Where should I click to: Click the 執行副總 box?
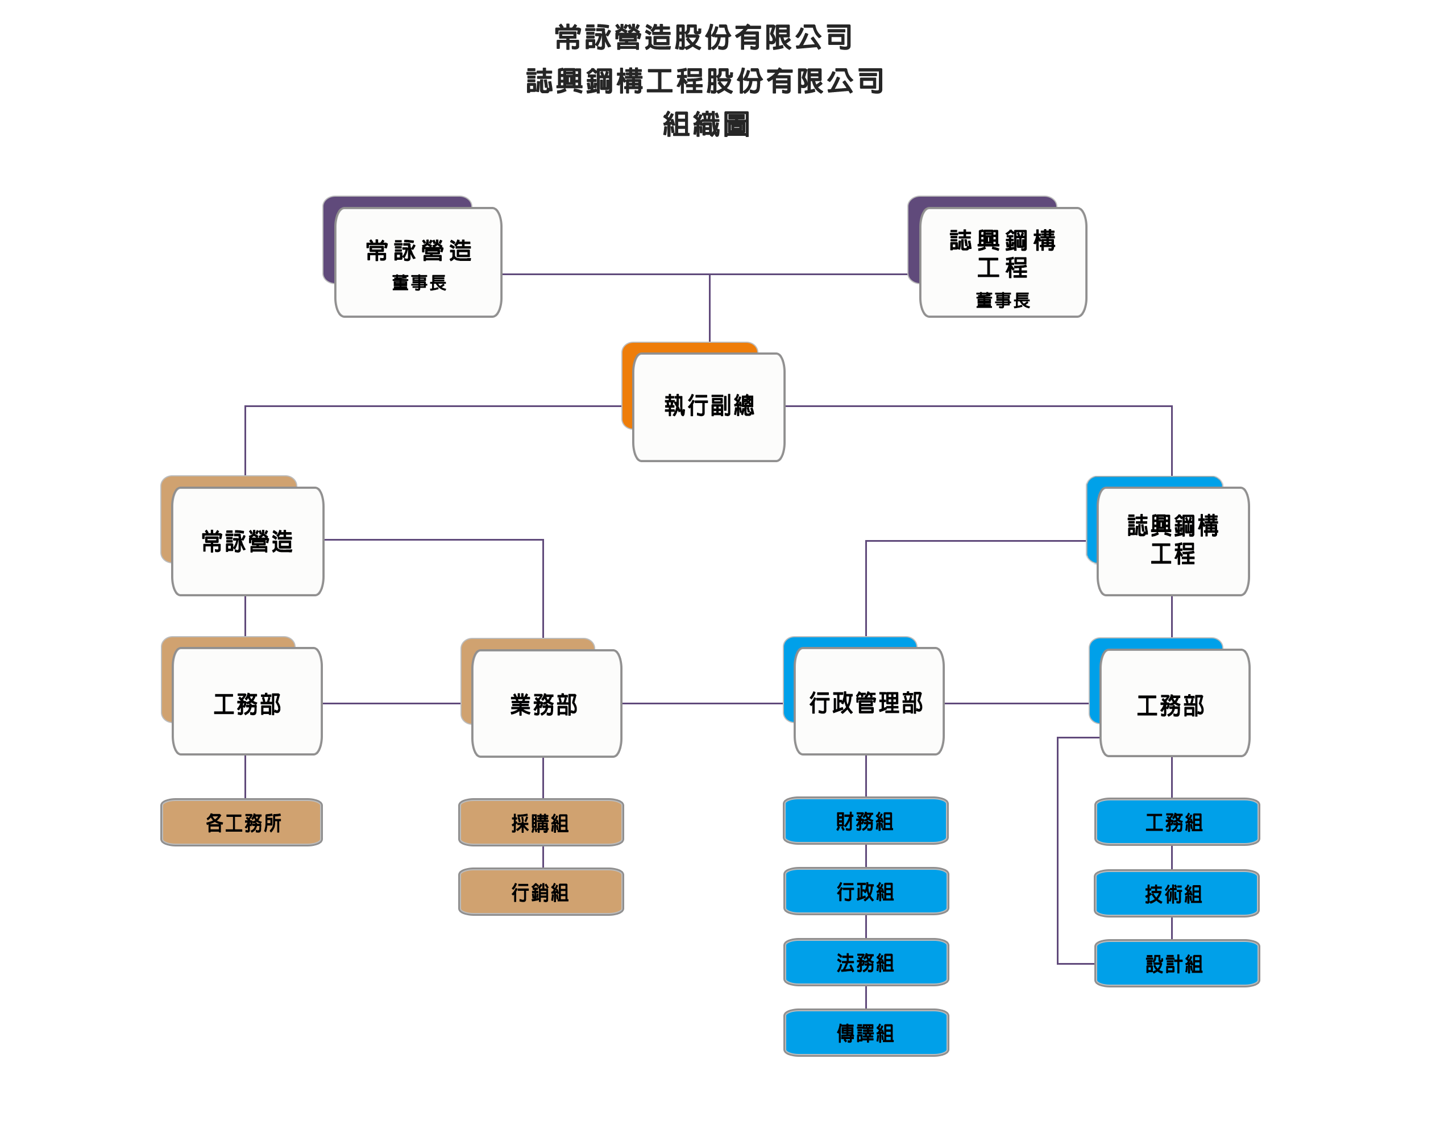click(x=708, y=406)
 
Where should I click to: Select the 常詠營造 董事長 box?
click(x=418, y=263)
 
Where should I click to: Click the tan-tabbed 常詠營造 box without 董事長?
click(x=247, y=541)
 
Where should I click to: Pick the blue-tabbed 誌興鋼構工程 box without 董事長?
click(x=1172, y=541)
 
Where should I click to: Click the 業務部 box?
click(x=546, y=704)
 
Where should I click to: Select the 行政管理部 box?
click(x=868, y=702)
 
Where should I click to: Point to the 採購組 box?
click(x=541, y=823)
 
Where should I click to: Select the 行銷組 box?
click(x=541, y=893)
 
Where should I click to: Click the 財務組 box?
click(x=865, y=821)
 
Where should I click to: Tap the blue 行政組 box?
click(x=865, y=892)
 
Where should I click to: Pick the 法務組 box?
click(x=865, y=962)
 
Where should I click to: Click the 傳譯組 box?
click(x=865, y=1032)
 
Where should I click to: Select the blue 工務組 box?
click(x=1176, y=822)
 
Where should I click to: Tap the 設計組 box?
click(x=1176, y=964)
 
